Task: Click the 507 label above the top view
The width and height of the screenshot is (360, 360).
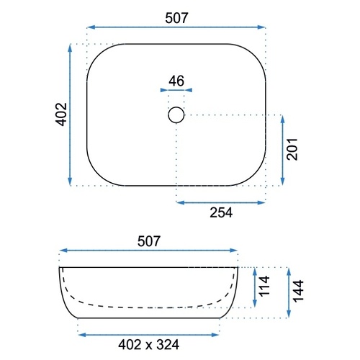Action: click(x=176, y=18)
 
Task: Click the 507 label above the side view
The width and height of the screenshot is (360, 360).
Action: click(x=148, y=241)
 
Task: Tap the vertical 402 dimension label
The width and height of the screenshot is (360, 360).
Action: click(x=61, y=114)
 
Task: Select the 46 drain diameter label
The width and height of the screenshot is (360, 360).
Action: click(x=176, y=81)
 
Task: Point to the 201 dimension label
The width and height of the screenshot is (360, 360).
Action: click(x=292, y=149)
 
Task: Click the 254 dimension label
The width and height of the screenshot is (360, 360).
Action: click(x=221, y=212)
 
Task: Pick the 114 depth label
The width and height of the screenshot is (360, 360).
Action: click(x=264, y=286)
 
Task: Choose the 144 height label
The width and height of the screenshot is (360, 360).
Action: click(x=298, y=291)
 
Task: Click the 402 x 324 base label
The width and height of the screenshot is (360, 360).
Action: click(x=148, y=345)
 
